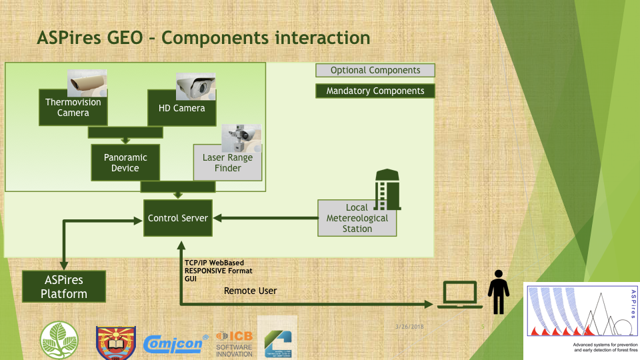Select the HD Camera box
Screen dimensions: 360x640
[181, 109]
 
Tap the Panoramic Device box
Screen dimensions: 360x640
[125, 163]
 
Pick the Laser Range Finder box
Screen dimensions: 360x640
[227, 163]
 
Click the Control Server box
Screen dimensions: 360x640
[178, 218]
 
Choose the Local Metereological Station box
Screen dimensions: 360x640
[357, 218]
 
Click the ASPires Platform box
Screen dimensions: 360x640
[64, 286]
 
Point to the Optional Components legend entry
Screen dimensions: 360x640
[375, 70]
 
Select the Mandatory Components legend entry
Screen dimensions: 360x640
[375, 91]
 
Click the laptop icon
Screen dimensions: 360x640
[460, 295]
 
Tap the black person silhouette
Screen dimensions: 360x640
[498, 291]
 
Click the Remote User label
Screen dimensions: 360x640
[250, 291]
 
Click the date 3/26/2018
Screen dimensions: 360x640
[409, 327]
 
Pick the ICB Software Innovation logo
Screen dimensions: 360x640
[234, 343]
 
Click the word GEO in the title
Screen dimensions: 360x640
[125, 37]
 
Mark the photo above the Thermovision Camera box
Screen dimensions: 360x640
[87, 83]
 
